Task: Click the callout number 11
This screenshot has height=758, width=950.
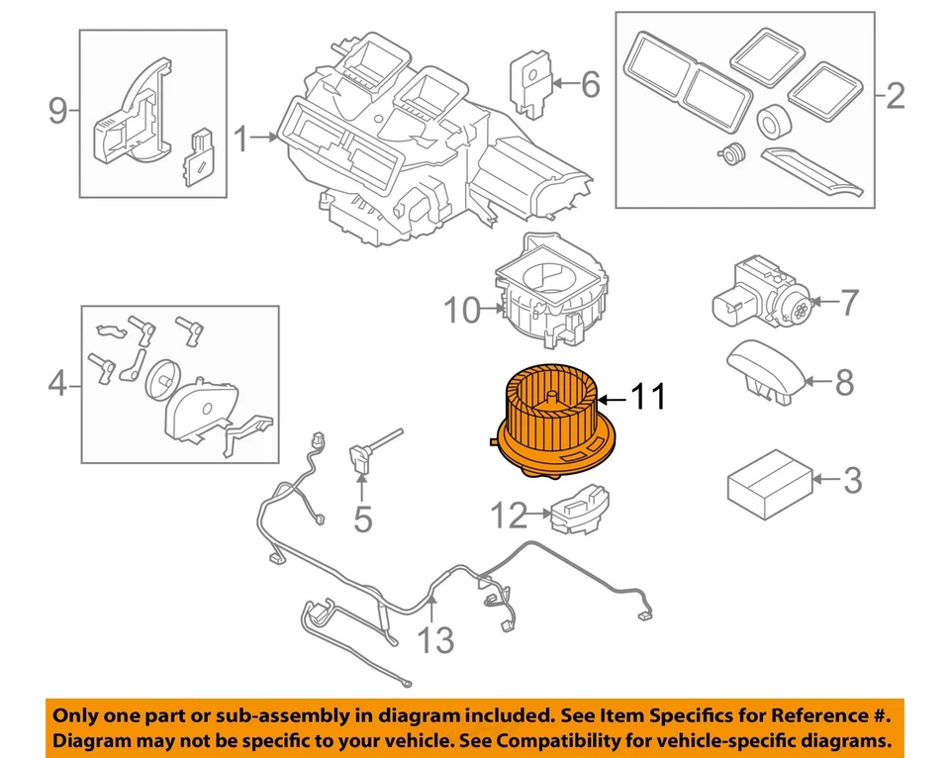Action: coord(648,398)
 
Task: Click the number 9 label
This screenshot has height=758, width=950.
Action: coord(58,111)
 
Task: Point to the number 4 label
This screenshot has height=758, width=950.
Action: coord(57,383)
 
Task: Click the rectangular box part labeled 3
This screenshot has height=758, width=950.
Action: coord(769,482)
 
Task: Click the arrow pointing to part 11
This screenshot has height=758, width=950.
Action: coord(612,399)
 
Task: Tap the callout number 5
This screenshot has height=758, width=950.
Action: coord(363,519)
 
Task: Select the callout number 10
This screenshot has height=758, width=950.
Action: coord(461,312)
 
